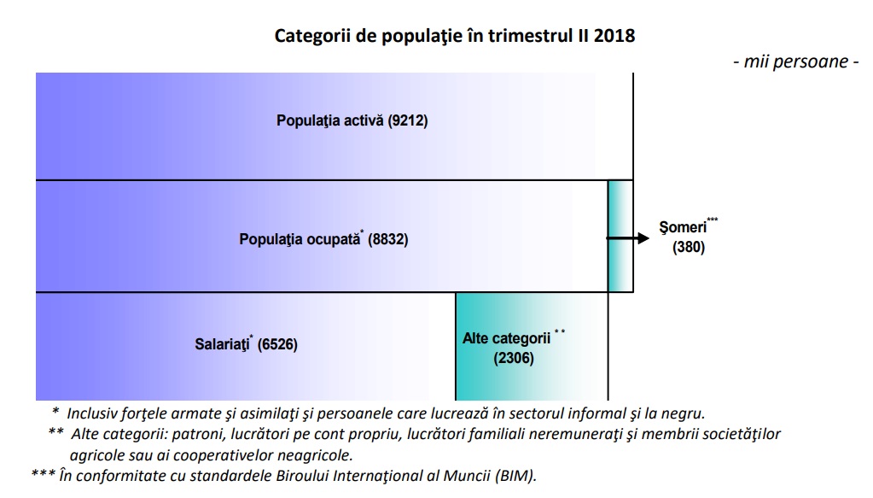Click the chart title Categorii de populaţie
454,36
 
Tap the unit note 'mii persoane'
794,62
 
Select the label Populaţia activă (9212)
352,120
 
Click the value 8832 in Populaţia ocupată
389,240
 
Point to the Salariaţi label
220,346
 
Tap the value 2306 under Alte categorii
514,359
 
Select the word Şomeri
682,229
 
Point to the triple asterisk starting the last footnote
43,476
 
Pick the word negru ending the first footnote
684,413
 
